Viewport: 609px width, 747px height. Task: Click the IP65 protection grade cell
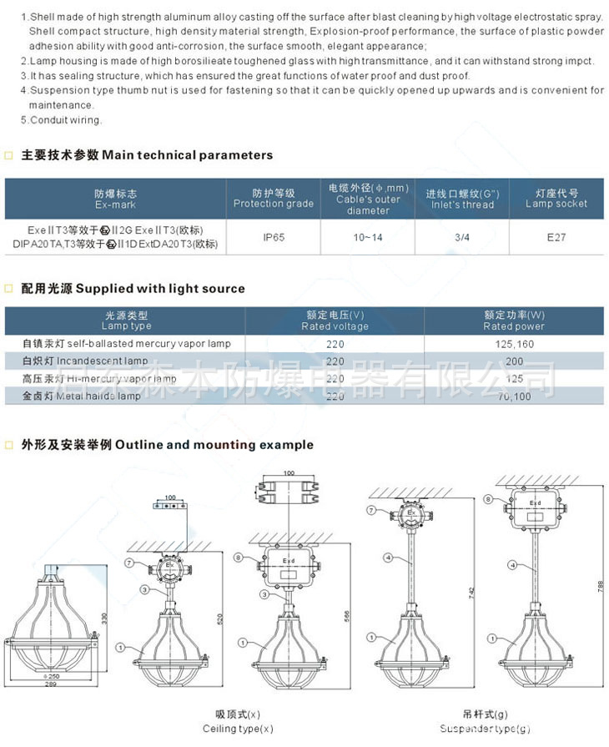(x=274, y=237)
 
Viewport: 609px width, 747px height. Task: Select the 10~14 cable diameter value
(x=367, y=237)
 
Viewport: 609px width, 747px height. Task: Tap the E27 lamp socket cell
(x=556, y=237)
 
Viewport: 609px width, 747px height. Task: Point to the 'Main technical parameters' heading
(x=146, y=155)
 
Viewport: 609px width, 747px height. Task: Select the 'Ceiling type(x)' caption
(x=238, y=729)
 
